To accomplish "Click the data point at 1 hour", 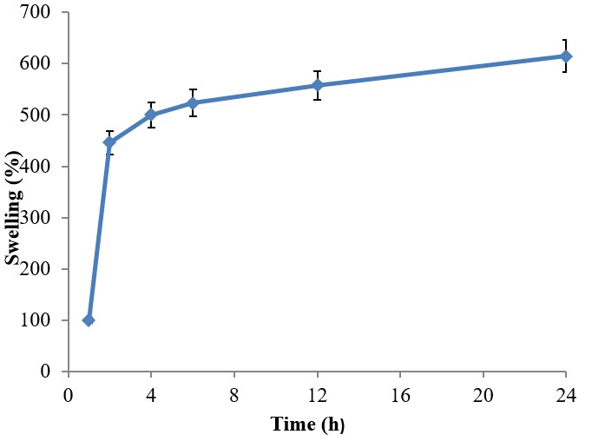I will pos(89,320).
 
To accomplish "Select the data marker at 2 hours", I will pos(109,142).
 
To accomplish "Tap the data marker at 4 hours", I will pos(151,115).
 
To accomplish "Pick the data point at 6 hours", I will pos(193,103).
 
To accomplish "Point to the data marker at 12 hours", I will pos(317,85).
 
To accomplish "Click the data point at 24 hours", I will pos(566,56).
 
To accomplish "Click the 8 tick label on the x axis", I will pos(234,393).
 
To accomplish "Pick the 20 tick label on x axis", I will pos(483,393).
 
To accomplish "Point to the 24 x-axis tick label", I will pos(566,393).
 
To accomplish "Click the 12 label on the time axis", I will pos(317,393).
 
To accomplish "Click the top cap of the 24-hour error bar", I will pos(566,40).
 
